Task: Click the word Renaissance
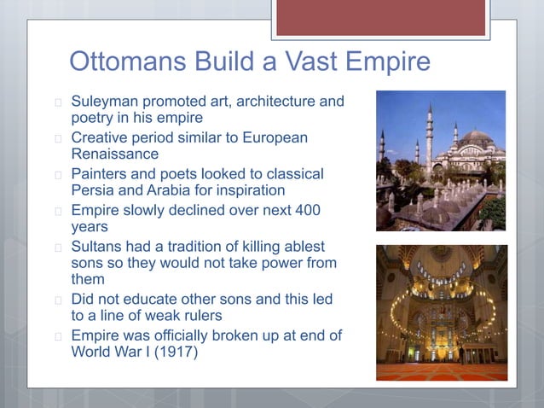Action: pos(115,154)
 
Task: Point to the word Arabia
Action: pos(173,190)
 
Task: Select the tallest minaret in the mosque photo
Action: pos(430,137)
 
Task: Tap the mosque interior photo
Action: pos(441,312)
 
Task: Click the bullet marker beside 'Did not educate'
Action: pos(57,300)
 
